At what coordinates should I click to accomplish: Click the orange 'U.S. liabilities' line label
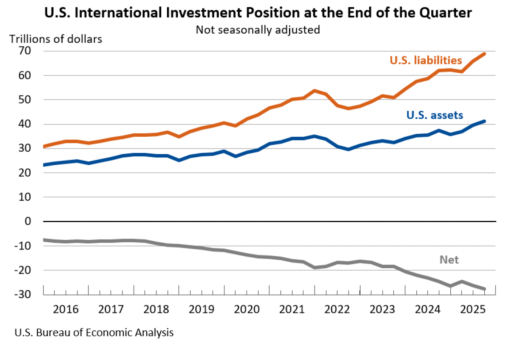(x=426, y=61)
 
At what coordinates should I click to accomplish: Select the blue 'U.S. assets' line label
(x=435, y=115)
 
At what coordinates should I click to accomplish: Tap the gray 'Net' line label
(x=449, y=260)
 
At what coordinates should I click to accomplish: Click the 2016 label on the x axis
(x=66, y=310)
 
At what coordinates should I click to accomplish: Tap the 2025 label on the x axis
(x=473, y=310)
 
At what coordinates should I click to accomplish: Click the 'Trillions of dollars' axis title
(x=56, y=39)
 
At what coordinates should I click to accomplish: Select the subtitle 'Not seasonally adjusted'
(x=258, y=30)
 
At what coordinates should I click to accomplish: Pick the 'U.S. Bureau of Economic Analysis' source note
(x=94, y=333)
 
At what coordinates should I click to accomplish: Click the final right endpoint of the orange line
(x=484, y=54)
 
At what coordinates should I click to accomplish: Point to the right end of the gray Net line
(x=484, y=288)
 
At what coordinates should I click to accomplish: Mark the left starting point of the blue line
(x=44, y=165)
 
